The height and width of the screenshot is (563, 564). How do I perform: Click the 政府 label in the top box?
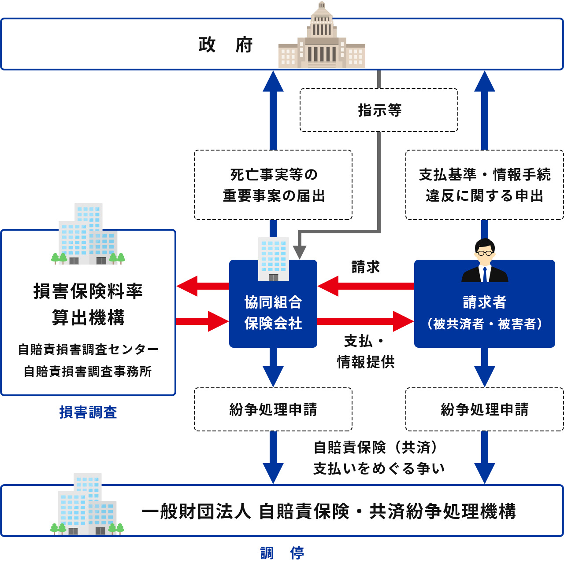click(225, 45)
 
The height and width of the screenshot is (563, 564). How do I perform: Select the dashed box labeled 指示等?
click(379, 110)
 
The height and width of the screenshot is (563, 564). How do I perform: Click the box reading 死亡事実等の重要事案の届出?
click(273, 185)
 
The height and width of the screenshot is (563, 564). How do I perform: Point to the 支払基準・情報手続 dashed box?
click(484, 185)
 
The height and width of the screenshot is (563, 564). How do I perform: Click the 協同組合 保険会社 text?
click(273, 313)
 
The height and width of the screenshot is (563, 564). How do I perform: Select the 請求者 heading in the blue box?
click(485, 302)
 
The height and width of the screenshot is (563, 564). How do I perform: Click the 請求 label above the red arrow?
click(365, 267)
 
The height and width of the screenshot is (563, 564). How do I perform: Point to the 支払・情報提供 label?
click(365, 351)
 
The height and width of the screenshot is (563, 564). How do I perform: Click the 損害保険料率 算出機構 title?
click(88, 304)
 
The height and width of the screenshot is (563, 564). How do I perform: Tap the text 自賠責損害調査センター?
click(88, 350)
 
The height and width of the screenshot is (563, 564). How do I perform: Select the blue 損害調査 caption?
click(88, 412)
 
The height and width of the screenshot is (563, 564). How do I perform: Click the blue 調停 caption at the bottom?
click(282, 552)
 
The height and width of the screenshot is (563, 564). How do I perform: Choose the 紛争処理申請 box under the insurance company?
click(273, 409)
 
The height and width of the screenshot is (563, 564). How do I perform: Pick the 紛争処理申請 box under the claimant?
click(484, 409)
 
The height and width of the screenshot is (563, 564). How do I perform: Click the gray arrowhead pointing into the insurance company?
click(300, 252)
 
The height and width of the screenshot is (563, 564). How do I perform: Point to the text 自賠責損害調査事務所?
click(88, 372)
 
